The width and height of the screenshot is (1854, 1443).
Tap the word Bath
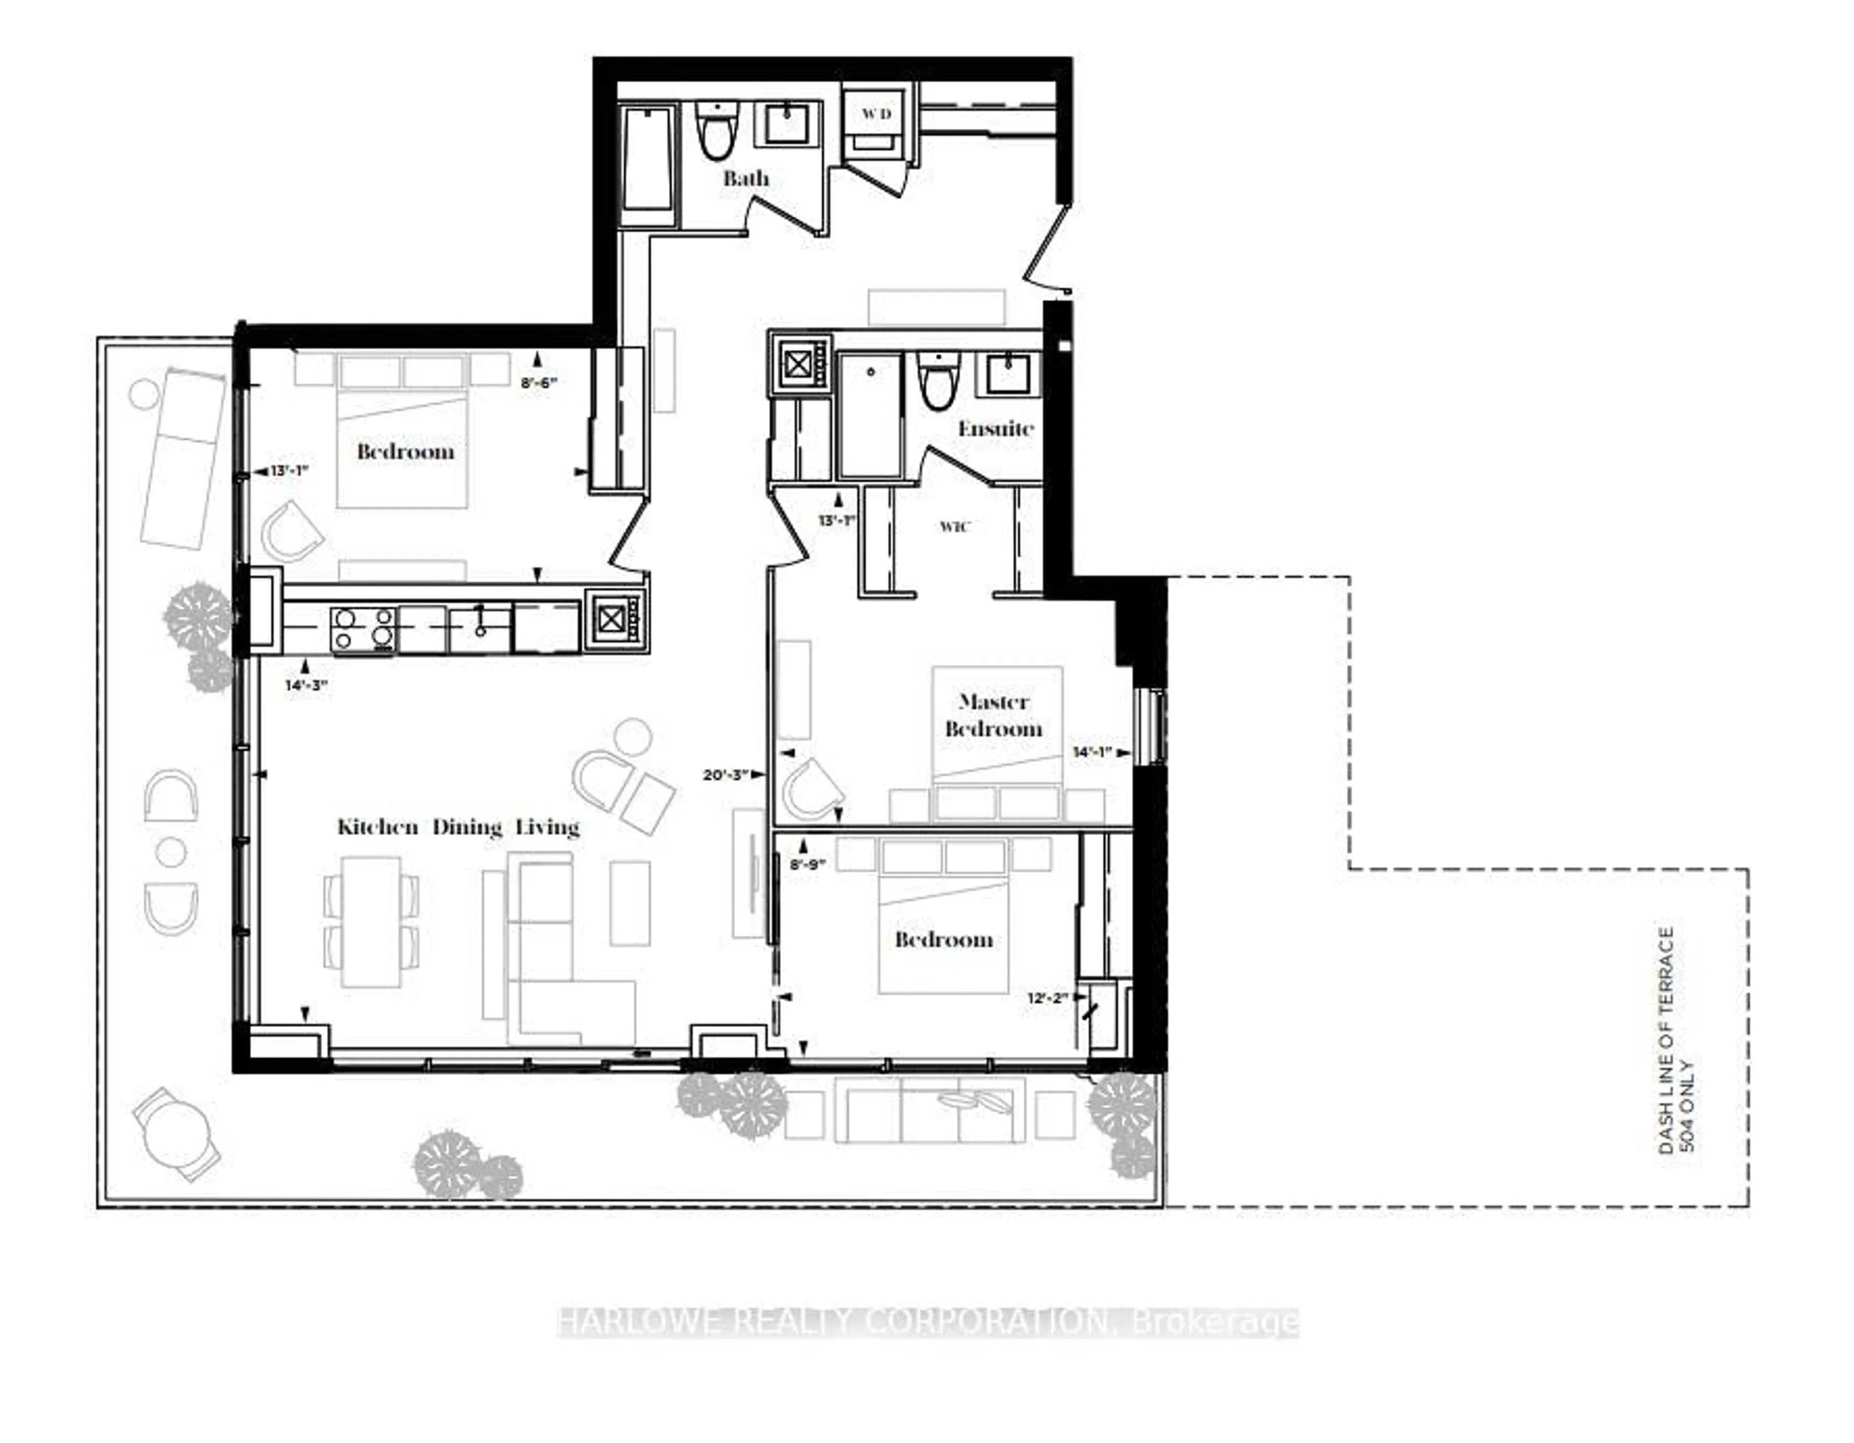746,178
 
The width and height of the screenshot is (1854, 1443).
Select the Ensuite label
996,429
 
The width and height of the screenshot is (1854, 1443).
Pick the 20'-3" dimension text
725,774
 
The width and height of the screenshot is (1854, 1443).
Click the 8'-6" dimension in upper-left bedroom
538,383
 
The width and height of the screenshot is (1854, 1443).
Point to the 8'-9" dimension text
807,866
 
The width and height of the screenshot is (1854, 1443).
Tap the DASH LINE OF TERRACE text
1667,1040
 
